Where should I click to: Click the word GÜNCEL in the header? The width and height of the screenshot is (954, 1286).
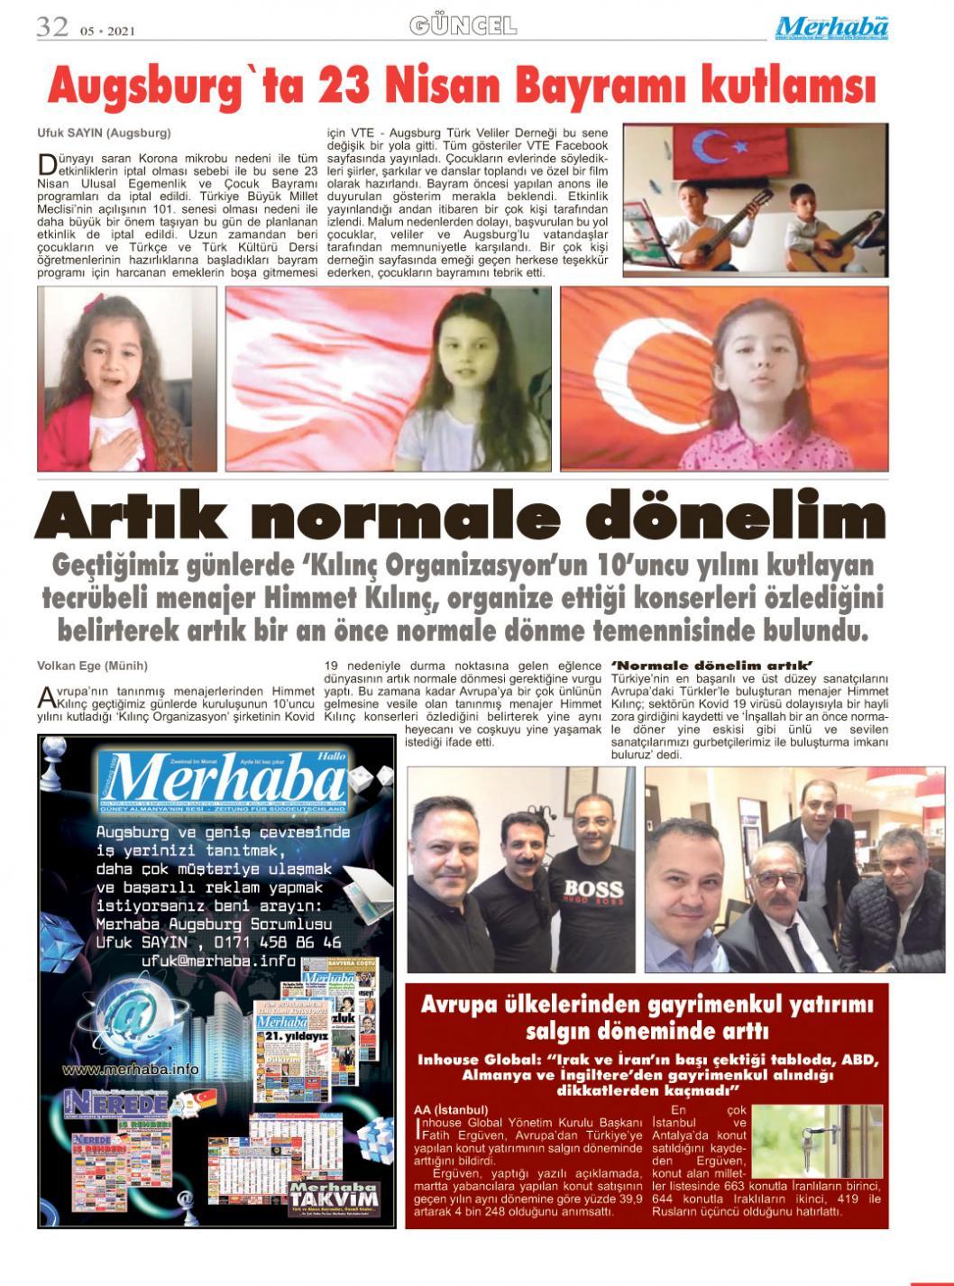pos(463,25)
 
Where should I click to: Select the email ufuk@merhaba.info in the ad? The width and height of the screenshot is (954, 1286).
pos(219,961)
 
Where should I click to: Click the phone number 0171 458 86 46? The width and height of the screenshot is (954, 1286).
pos(279,942)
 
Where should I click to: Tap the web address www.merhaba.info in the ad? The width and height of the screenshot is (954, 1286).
pos(131,1070)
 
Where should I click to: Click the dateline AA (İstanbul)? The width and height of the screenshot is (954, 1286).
pos(451,1110)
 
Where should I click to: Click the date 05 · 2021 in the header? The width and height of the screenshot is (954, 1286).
pos(106,32)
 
